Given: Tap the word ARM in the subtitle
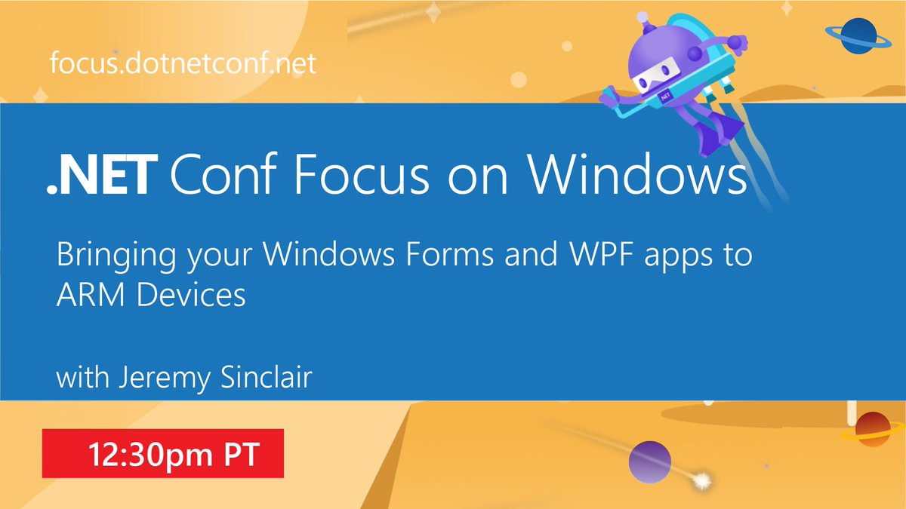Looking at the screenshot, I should (85, 294).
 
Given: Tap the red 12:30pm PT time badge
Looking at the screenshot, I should (162, 453).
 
